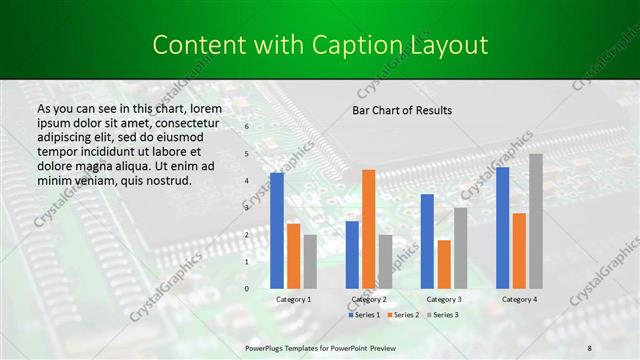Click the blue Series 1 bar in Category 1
(x=277, y=231)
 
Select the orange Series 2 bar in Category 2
(x=369, y=229)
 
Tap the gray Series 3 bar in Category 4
(x=536, y=221)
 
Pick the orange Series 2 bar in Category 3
(x=444, y=264)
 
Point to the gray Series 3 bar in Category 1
(x=310, y=261)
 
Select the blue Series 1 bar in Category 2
(x=352, y=254)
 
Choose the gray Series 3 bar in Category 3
(x=460, y=248)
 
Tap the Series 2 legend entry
(x=402, y=315)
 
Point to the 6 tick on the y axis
(x=246, y=127)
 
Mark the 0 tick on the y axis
(x=246, y=289)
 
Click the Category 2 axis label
(x=369, y=299)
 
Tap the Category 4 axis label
(x=519, y=299)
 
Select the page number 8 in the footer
(x=589, y=346)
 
